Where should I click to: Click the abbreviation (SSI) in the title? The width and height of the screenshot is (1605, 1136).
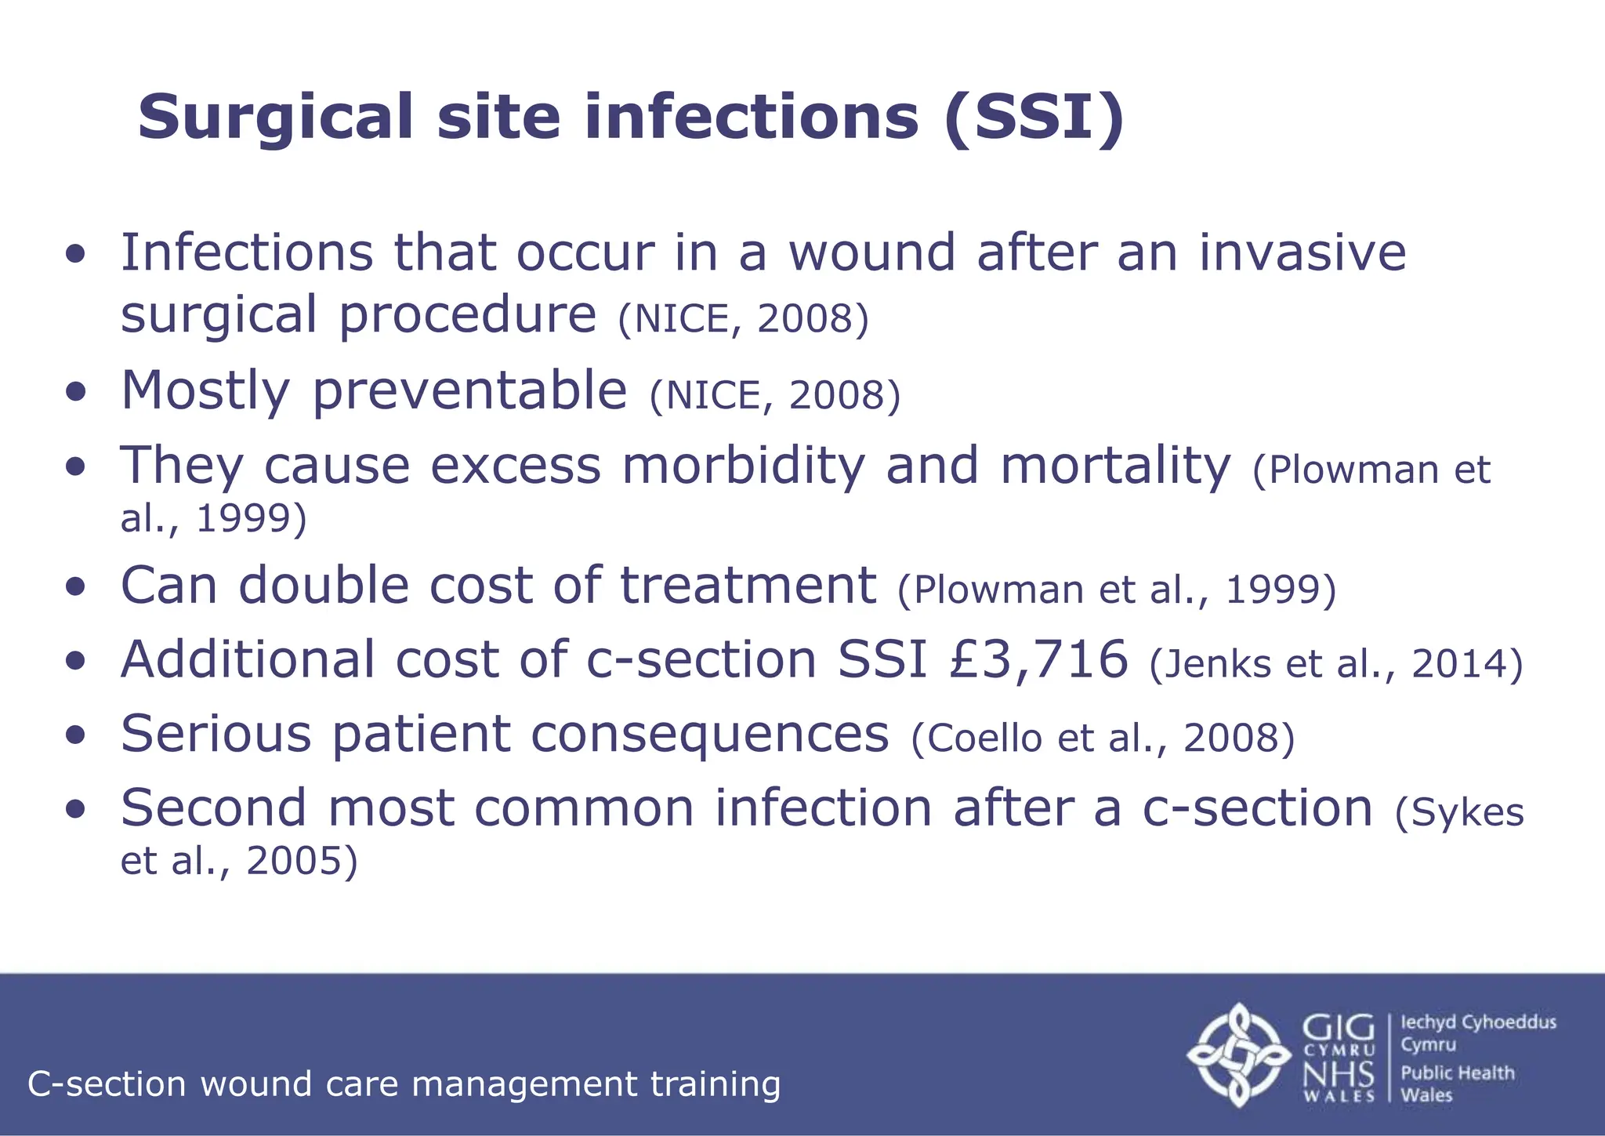tap(1034, 118)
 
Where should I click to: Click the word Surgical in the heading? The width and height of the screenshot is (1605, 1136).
tap(274, 118)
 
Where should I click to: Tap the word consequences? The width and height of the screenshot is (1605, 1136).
tap(709, 734)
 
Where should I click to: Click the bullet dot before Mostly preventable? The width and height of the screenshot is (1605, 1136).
tap(75, 392)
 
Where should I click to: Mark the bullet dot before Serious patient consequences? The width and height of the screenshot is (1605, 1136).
tap(75, 735)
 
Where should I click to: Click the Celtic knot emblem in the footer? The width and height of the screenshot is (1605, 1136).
tap(1238, 1054)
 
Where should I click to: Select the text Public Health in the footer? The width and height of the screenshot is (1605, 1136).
tap(1457, 1072)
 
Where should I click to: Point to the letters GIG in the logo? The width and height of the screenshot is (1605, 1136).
tap(1338, 1028)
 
